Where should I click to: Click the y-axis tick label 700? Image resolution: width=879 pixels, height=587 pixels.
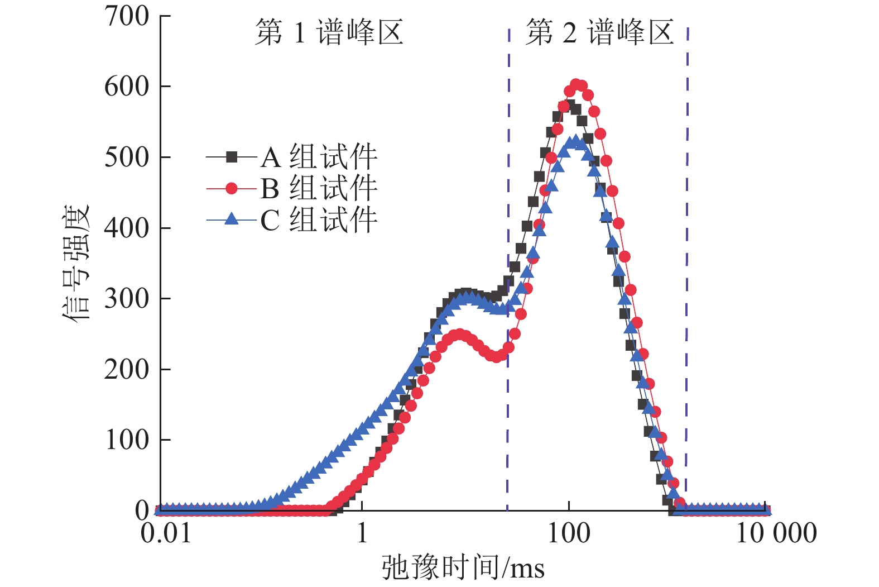127,16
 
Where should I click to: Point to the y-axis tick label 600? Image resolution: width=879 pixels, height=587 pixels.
127,87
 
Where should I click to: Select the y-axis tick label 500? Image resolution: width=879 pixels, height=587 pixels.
127,158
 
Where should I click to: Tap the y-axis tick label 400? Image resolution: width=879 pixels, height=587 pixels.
127,228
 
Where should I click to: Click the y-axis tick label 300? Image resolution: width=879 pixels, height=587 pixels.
127,299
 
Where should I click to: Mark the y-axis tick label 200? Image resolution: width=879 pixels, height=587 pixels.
127,369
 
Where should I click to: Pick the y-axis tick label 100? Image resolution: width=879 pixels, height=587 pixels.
127,440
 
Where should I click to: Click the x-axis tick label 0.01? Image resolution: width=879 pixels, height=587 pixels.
166,533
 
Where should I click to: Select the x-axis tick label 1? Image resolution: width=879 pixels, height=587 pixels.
362,533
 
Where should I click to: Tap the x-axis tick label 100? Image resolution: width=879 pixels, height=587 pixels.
569,533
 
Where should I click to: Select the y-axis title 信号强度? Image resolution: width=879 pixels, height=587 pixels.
76,263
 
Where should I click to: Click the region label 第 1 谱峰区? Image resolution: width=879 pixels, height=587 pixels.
329,32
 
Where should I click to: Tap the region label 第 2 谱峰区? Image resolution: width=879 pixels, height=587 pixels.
599,32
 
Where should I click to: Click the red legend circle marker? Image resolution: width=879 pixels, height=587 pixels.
232,189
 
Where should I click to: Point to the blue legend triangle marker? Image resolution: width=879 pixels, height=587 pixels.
232,219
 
